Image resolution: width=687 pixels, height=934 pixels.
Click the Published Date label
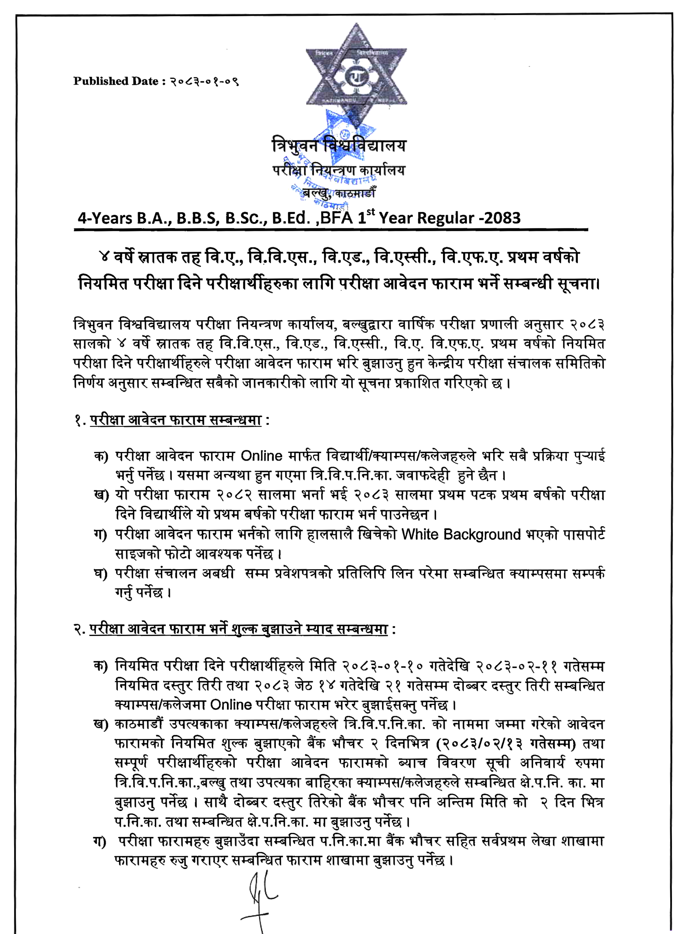click(116, 81)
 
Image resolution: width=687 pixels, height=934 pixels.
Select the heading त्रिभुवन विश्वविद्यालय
click(339, 146)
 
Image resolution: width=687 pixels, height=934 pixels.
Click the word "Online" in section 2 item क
click(231, 705)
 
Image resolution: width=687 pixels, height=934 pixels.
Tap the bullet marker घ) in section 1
click(101, 574)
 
